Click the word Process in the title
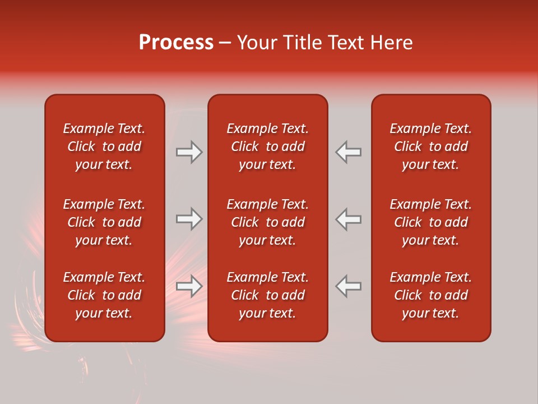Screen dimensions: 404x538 (x=176, y=43)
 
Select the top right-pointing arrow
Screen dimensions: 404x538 (x=189, y=152)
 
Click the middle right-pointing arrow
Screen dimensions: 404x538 (x=189, y=219)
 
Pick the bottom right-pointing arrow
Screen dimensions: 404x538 (x=189, y=286)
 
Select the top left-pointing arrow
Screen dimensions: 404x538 (x=349, y=152)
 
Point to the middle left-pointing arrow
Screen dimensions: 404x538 (x=349, y=219)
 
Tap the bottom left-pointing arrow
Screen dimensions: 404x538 (x=349, y=286)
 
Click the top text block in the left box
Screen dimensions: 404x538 (x=104, y=146)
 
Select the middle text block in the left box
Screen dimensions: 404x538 (x=104, y=222)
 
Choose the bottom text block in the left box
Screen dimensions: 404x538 (x=104, y=295)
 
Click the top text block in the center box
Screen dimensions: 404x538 (x=267, y=146)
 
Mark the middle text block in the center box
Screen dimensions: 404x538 (x=267, y=222)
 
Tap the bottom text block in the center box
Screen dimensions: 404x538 (x=267, y=295)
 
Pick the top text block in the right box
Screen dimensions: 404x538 (x=431, y=146)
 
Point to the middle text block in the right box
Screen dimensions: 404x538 (x=431, y=222)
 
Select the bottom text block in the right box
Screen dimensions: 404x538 (x=431, y=295)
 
